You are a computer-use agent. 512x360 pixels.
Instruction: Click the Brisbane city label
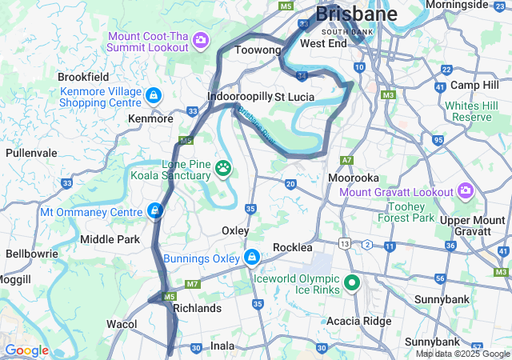tap(356, 14)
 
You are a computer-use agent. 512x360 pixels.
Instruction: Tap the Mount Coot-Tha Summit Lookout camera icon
tap(201, 39)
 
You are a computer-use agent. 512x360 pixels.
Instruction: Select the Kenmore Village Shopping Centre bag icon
tap(153, 97)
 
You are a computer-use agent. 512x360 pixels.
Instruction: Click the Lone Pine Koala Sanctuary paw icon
tap(223, 169)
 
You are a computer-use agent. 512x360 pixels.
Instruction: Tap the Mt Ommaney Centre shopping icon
tap(154, 211)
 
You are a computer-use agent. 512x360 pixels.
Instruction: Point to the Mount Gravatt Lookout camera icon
tap(465, 190)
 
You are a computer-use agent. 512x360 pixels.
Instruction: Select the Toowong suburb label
tap(256, 50)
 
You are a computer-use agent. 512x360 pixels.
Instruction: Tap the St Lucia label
tap(294, 96)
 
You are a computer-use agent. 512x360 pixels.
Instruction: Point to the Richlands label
tap(197, 308)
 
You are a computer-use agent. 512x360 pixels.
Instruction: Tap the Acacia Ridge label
tap(358, 321)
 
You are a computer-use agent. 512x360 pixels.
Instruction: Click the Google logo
tap(26, 350)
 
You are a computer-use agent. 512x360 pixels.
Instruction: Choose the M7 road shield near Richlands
tap(192, 284)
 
